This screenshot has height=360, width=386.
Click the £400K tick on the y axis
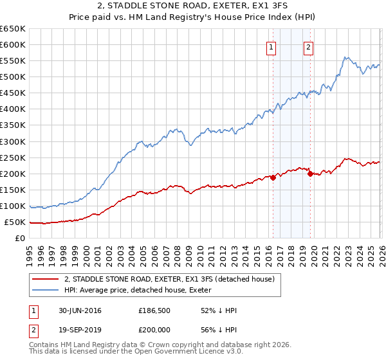pos(13,109)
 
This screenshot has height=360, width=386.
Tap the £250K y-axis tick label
pos(13,157)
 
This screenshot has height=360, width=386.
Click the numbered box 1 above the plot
pos(271,47)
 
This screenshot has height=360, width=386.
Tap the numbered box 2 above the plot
pos(308,47)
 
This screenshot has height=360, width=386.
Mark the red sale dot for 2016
pos(273,177)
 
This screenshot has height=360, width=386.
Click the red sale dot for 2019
pos(310,174)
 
